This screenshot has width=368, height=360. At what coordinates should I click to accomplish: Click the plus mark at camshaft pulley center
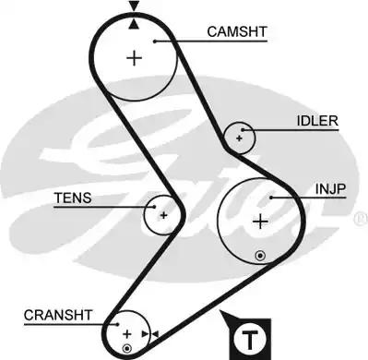[136, 58]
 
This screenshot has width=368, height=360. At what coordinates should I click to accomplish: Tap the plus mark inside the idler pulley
[240, 138]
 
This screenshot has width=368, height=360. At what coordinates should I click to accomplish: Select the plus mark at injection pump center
[260, 221]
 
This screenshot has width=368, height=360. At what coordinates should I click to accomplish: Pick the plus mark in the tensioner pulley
[163, 215]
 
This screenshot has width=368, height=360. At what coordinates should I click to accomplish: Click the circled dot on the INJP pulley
[261, 254]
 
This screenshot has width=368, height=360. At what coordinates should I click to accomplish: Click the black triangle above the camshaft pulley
[136, 7]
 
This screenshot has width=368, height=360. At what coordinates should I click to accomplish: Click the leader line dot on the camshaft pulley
[158, 40]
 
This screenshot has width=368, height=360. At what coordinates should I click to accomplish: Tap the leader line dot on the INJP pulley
[272, 197]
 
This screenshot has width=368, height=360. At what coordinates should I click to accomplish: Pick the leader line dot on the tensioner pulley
[157, 208]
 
